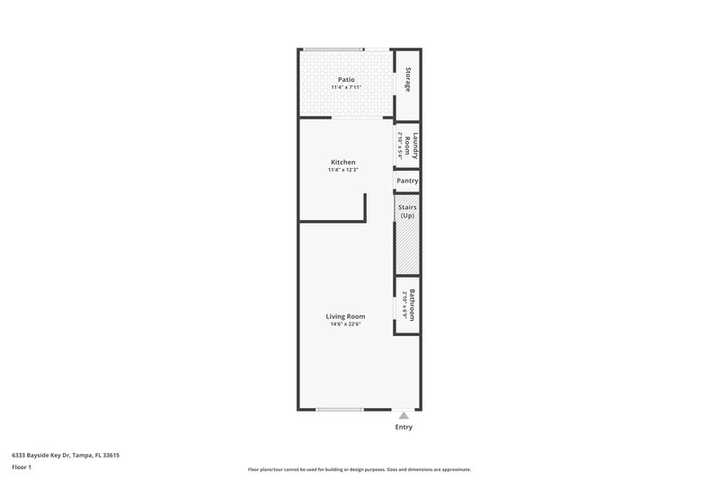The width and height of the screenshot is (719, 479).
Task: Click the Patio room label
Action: click(x=346, y=80)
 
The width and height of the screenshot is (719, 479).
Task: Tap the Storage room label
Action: click(x=408, y=80)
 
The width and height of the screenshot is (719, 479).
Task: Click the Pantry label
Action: click(x=407, y=181)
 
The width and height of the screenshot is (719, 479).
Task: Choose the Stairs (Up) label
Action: click(x=407, y=212)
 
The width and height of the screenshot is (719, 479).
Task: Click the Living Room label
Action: click(x=345, y=315)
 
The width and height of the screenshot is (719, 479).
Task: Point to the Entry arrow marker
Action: click(x=404, y=415)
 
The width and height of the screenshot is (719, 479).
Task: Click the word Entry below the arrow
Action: click(x=404, y=428)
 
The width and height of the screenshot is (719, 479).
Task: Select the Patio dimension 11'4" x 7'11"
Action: click(x=346, y=88)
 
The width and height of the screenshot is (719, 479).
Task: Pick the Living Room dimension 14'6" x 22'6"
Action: click(x=345, y=324)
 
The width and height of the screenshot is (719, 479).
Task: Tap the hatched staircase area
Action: click(x=407, y=247)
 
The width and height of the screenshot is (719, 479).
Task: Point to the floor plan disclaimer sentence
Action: click(x=359, y=469)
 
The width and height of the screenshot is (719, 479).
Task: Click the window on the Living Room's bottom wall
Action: click(x=340, y=410)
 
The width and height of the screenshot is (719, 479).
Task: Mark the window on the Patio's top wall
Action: click(x=333, y=49)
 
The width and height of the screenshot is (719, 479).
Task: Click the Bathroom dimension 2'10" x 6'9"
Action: click(x=405, y=304)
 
